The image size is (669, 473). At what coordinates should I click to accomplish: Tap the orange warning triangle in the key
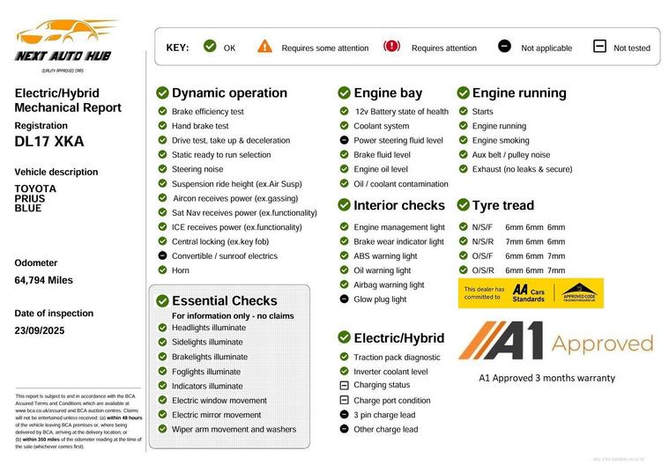264,47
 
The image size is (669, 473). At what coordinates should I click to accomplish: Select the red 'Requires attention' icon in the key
391,47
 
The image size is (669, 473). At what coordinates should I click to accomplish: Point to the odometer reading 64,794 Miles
43,280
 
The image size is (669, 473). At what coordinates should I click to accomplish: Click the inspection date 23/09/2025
40,330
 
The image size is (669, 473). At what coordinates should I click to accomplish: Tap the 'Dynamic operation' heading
229,93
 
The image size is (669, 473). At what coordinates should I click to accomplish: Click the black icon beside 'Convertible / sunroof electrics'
162,256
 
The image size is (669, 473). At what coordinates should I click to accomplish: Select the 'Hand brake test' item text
200,126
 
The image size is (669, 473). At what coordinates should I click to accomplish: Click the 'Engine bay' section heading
388,93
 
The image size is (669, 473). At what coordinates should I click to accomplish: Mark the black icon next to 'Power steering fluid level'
344,140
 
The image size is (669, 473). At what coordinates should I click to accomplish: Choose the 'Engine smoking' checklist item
501,140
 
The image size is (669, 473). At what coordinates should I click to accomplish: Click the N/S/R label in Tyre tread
482,241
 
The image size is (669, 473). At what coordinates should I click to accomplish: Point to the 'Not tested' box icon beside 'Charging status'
344,386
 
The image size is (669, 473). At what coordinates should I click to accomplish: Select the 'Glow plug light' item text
380,299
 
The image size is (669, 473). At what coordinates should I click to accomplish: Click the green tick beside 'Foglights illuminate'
162,372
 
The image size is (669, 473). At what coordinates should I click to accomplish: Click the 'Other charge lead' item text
385,430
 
